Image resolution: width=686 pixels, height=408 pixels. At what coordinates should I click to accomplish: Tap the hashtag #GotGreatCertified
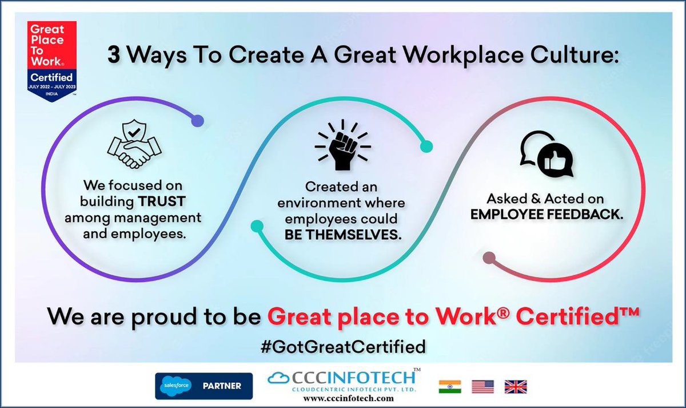[342, 346]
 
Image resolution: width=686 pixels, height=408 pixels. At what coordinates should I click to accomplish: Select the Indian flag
[449, 386]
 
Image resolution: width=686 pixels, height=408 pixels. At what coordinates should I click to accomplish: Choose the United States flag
[482, 386]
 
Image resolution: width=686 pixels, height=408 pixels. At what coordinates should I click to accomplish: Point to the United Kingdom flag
[515, 386]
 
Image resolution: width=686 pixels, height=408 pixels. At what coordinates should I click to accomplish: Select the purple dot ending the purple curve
[197, 121]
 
